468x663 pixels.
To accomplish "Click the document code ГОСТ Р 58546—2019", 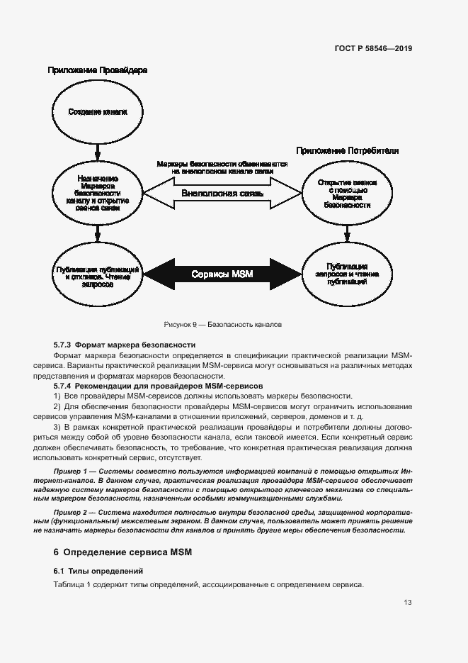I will point(373,49).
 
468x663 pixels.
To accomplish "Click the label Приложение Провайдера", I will point(97,71).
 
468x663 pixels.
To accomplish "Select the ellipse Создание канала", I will point(98,112).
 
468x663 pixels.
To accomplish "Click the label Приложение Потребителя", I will point(347,151).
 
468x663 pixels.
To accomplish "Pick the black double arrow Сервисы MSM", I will point(222,274).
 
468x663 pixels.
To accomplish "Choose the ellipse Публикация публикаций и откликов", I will point(98,274).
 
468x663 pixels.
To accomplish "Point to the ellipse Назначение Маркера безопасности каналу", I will point(98,193).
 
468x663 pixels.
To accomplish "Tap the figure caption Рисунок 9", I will point(222,324).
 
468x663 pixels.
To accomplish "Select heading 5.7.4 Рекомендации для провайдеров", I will point(158,386).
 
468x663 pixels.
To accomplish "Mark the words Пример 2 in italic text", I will point(74,512).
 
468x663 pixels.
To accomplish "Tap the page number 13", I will point(408,603).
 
